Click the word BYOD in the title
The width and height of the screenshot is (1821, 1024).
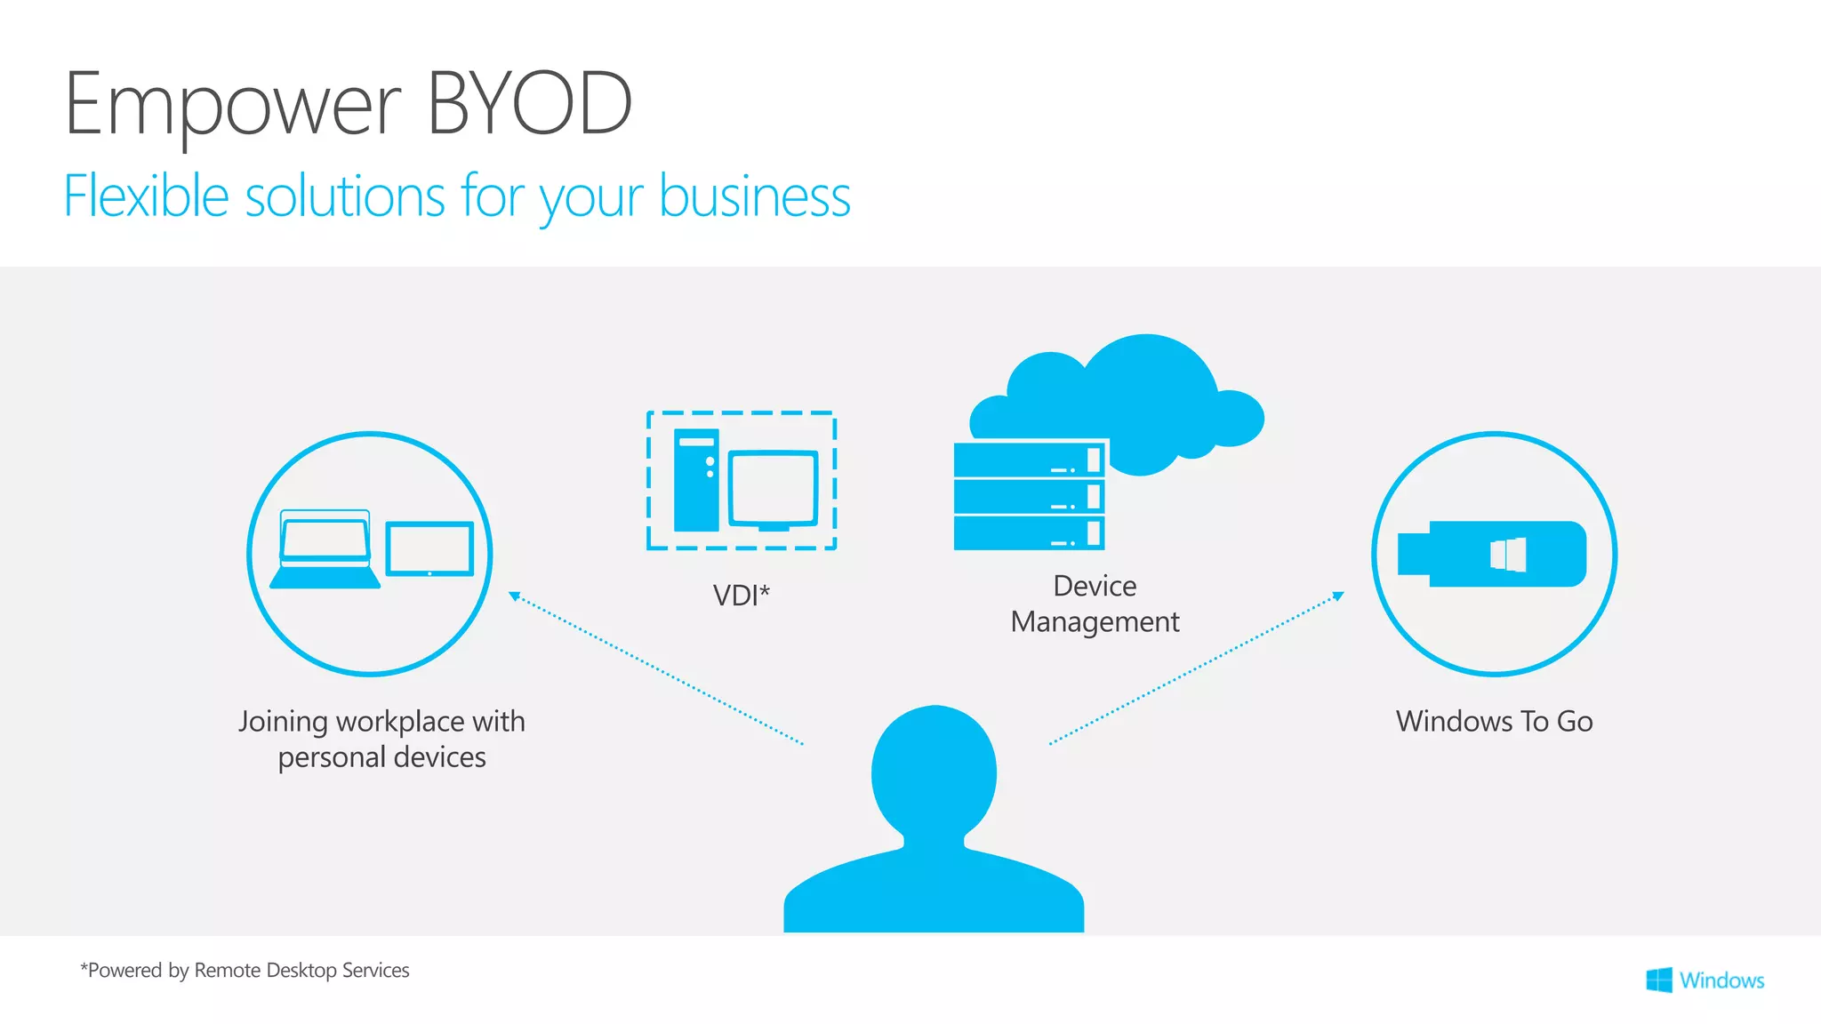pyautogui.click(x=530, y=105)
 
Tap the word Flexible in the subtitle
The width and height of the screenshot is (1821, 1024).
pyautogui.click(x=146, y=196)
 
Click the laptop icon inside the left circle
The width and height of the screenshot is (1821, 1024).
pyautogui.click(x=325, y=550)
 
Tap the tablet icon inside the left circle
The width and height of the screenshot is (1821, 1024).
pyautogui.click(x=429, y=549)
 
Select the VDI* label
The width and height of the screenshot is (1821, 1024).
pyautogui.click(x=741, y=595)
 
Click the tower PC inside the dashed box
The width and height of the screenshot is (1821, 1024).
pyautogui.click(x=695, y=480)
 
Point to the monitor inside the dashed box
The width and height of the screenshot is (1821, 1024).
pyautogui.click(x=773, y=490)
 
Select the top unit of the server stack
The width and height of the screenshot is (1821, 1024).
pyautogui.click(x=1029, y=460)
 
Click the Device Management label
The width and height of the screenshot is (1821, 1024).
pyautogui.click(x=1095, y=604)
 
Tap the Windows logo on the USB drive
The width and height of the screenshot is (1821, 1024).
pyautogui.click(x=1508, y=555)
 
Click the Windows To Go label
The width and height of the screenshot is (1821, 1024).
pyautogui.click(x=1494, y=721)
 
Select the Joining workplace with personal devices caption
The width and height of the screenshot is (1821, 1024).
pyautogui.click(x=381, y=739)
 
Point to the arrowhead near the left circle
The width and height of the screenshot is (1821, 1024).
pyautogui.click(x=514, y=596)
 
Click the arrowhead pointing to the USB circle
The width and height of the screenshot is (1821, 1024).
pyautogui.click(x=1338, y=596)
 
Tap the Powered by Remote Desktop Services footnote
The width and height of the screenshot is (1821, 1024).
pyautogui.click(x=245, y=971)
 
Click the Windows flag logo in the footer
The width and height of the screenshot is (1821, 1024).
pyautogui.click(x=1658, y=980)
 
